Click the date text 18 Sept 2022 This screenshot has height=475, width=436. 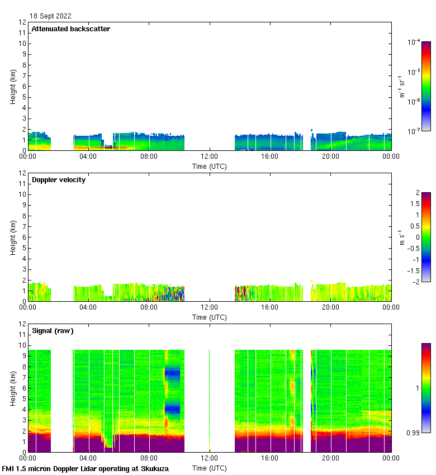coord(50,16)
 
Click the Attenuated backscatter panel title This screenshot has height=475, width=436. coord(70,29)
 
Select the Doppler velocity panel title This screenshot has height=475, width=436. coord(58,180)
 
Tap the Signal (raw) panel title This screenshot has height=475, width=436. coord(53,331)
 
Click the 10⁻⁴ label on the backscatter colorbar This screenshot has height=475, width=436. coord(414,42)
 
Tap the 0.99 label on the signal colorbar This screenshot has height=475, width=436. coord(413,433)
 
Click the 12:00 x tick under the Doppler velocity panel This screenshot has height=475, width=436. coord(209,307)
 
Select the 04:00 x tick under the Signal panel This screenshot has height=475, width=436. coord(88,458)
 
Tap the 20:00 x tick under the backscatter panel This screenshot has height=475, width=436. coord(330,156)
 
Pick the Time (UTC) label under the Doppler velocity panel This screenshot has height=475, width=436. coord(209,317)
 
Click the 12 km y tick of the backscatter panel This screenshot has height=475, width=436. coord(23,22)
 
